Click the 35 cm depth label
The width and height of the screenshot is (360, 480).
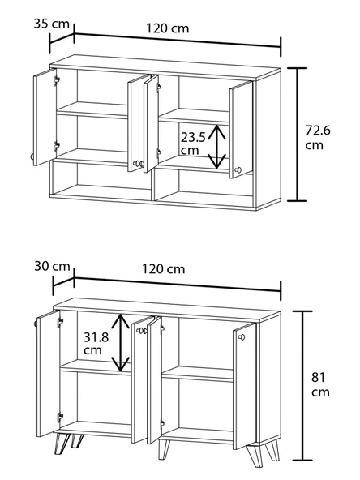coord(51,24)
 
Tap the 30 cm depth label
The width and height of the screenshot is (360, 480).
coord(52,266)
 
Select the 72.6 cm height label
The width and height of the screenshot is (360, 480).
coord(318,137)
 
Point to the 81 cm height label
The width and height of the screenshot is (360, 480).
coord(320,384)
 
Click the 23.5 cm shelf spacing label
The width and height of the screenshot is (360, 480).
coord(193,144)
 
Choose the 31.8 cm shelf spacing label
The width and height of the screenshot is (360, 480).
coord(96,343)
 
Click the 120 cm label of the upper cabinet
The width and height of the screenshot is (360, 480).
coord(168,28)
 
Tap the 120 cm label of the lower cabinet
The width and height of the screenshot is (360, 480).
coord(164,269)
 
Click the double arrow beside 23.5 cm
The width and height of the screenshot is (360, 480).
coord(217,147)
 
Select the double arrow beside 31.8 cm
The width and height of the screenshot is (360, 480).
coord(120,342)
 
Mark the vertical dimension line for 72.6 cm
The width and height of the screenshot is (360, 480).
coord(297,135)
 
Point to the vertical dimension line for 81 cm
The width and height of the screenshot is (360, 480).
coord(302,385)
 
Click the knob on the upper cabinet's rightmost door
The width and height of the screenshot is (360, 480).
coord(238,170)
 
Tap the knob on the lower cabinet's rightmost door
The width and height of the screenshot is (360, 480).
coord(242,337)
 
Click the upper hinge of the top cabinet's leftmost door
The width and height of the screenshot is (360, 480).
coord(56,80)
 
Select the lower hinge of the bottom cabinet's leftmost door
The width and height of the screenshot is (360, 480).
coord(60,417)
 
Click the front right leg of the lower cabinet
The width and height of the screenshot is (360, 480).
coord(255,455)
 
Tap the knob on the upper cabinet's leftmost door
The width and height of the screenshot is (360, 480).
coord(32,156)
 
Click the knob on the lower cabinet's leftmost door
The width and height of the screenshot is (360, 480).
coord(36,324)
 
